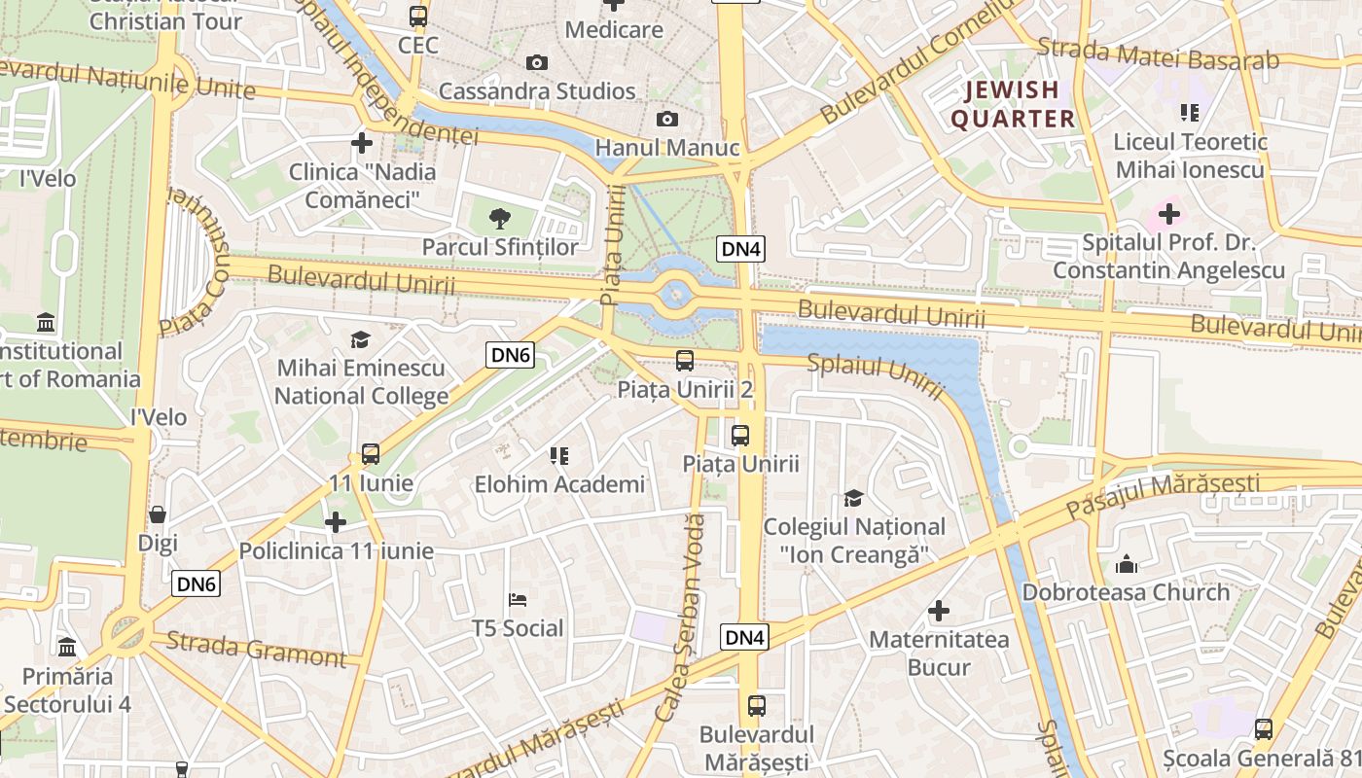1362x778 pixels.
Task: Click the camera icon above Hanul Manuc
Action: click(666, 119)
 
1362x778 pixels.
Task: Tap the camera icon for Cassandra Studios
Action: click(536, 63)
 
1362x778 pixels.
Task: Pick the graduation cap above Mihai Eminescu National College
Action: click(361, 339)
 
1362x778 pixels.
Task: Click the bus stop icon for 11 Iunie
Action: click(371, 453)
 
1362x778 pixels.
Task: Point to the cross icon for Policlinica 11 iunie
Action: click(336, 522)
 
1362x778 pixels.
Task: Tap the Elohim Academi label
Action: click(559, 483)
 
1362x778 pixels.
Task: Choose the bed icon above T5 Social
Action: click(518, 599)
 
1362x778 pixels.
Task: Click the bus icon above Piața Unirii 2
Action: click(685, 360)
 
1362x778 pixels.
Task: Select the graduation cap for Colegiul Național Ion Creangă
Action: click(853, 498)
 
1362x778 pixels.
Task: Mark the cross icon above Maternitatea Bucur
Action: click(939, 611)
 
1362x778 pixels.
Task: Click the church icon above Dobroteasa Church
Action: click(1127, 564)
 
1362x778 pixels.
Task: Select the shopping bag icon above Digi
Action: click(158, 513)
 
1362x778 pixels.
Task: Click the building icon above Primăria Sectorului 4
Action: click(67, 647)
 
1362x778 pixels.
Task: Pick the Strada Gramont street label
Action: click(256, 650)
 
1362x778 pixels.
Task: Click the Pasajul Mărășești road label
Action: click(1162, 495)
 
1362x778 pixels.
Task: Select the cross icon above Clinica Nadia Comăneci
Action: click(362, 143)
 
